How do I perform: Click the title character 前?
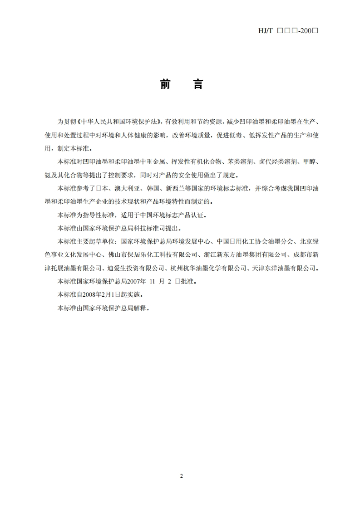point(165,84)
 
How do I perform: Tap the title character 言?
point(198,84)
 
